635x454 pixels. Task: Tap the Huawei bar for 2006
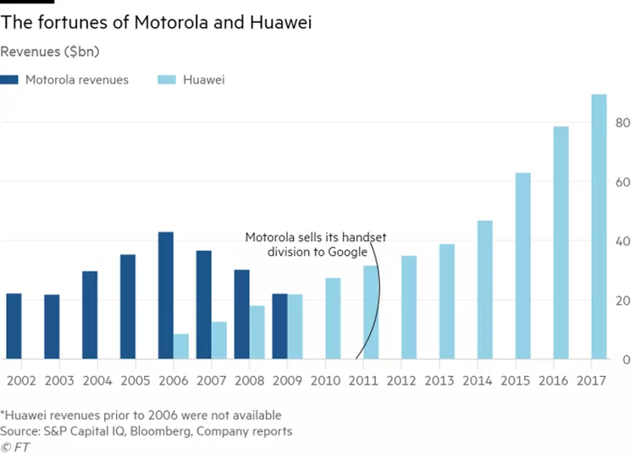click(181, 346)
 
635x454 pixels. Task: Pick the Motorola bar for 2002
click(14, 326)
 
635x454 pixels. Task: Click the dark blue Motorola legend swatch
click(10, 80)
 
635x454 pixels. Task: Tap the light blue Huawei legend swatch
click(166, 80)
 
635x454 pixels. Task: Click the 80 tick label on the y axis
click(622, 123)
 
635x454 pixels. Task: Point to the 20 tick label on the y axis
click(622, 302)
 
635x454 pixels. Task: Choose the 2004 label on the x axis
click(97, 380)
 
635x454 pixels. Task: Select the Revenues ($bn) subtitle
click(50, 52)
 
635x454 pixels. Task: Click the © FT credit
click(15, 446)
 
